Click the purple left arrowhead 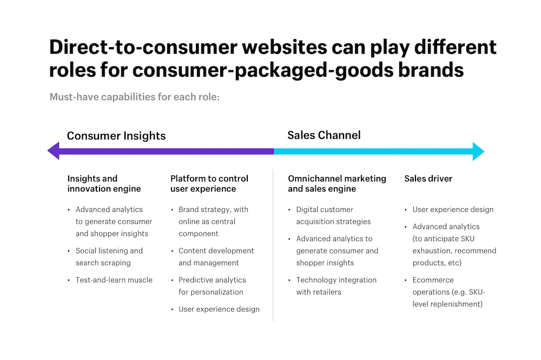54,151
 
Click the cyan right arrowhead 479,151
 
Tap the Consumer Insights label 116,136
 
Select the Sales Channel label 324,135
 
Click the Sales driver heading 428,178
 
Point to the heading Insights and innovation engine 104,184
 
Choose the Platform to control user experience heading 209,184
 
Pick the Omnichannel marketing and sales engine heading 337,184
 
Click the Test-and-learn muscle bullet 114,280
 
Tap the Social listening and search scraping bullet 109,257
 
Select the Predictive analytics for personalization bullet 212,286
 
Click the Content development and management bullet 216,257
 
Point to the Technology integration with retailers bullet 336,286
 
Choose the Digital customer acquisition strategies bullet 333,216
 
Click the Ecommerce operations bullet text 448,292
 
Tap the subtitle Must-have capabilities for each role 135,97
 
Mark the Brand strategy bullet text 213,222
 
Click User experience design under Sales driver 453,210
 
